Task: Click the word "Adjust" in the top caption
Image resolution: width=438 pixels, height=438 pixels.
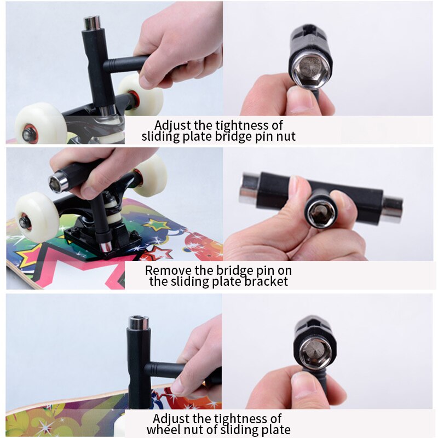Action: pos(172,126)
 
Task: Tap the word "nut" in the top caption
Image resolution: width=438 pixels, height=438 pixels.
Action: pos(286,136)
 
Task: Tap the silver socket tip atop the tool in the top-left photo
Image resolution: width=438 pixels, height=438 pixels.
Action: pos(92,23)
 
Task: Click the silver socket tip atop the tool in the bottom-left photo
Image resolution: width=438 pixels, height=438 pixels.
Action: pos(139,323)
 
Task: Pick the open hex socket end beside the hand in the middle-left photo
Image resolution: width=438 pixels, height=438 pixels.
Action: pos(58,181)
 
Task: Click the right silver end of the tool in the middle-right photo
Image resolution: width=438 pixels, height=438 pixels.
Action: pos(392,210)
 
